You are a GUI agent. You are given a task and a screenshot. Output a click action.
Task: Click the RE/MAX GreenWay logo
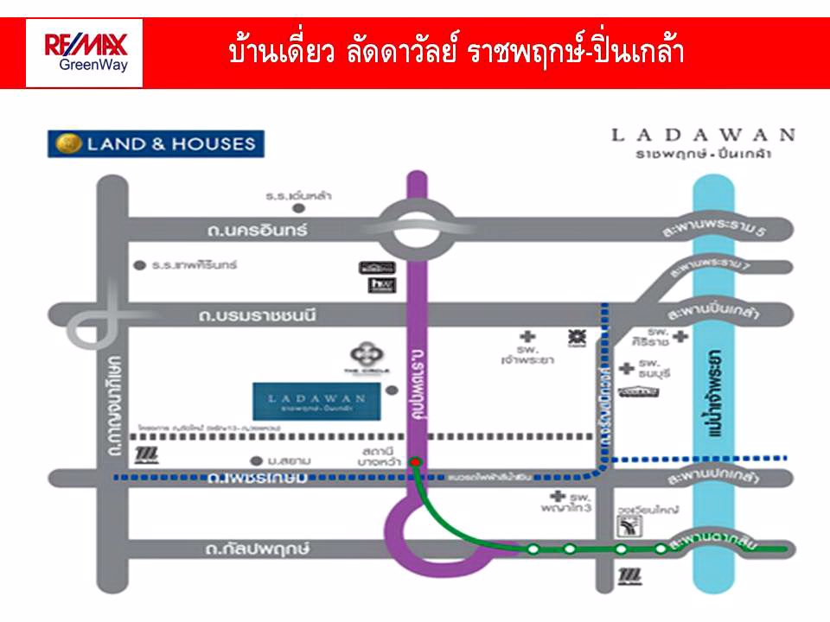coord(85,53)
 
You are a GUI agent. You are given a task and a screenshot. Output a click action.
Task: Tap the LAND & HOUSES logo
coord(156,143)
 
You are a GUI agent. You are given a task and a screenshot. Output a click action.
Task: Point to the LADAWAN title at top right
coord(703,134)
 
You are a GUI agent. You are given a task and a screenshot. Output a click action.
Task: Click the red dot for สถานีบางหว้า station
coord(416,461)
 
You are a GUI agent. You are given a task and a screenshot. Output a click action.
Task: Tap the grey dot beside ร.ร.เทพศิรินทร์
coord(139,265)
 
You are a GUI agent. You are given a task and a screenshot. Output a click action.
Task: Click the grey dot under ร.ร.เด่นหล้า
coord(298,208)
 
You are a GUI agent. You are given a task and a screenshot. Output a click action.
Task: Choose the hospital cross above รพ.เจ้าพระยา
coord(527,336)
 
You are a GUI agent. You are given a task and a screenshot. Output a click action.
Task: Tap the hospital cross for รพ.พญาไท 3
coord(558,498)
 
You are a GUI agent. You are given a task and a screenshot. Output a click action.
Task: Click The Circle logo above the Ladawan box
coord(361,356)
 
